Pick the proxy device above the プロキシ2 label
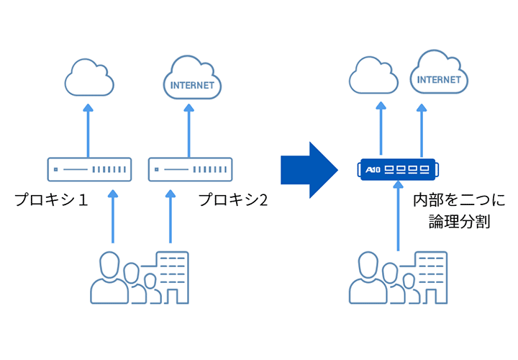click(191, 170)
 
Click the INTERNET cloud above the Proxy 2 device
click(191, 79)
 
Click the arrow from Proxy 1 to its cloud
click(88, 130)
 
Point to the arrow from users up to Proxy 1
click(112, 216)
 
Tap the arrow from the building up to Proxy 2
click(170, 216)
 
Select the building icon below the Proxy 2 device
click(172, 277)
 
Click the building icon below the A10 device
click(430, 277)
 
